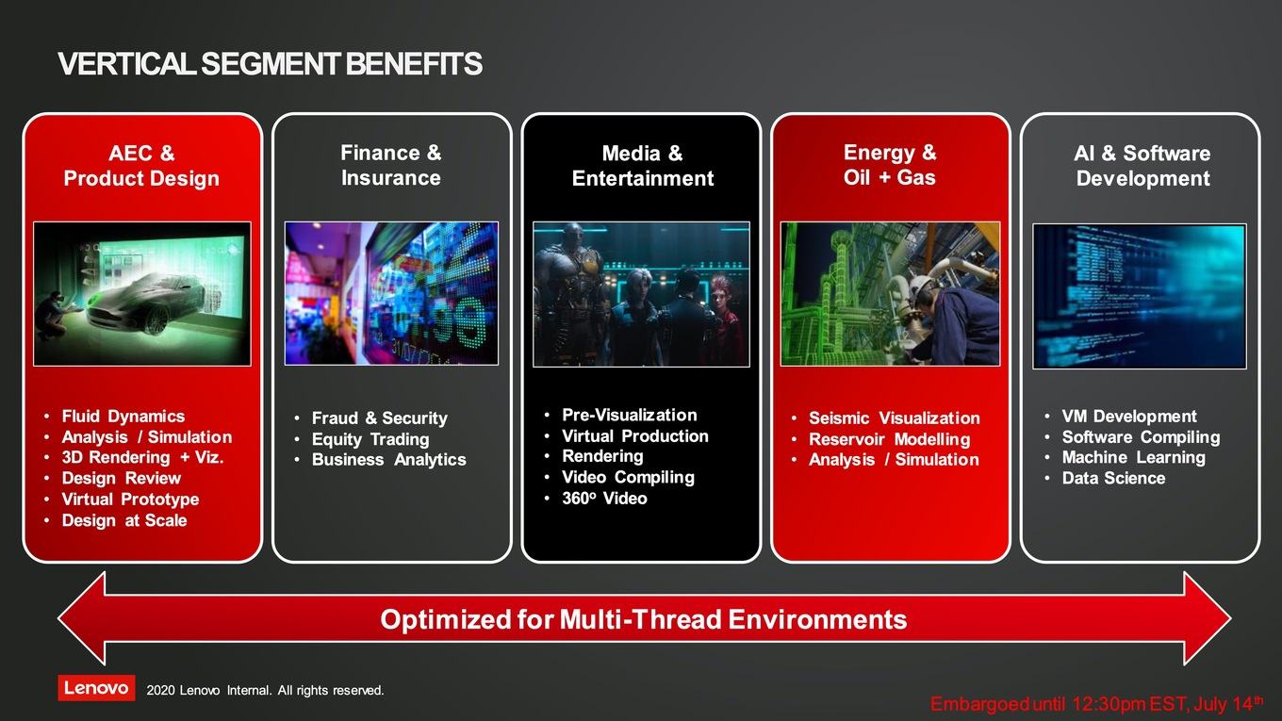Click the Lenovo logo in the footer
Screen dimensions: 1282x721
[x=96, y=688]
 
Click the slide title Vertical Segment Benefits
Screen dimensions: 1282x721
[x=271, y=63]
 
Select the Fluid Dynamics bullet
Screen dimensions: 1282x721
[x=123, y=416]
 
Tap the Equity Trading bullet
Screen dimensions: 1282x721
[x=370, y=439]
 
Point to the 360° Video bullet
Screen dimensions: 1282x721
[x=604, y=499]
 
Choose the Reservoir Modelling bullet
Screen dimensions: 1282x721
[x=890, y=439]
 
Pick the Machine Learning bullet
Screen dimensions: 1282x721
[x=1134, y=458]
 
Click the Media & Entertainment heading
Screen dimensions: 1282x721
[x=643, y=166]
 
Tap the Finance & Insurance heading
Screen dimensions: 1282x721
[x=391, y=165]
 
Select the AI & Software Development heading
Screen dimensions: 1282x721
[x=1142, y=166]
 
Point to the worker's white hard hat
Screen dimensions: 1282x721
[x=922, y=287]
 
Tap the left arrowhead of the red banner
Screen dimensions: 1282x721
[x=82, y=618]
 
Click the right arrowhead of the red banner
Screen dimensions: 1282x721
[x=1208, y=618]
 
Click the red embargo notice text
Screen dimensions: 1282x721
[x=1097, y=703]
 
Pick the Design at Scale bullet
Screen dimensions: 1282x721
[x=124, y=520]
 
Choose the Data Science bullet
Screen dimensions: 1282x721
[x=1113, y=479]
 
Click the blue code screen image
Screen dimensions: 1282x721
[x=1140, y=296]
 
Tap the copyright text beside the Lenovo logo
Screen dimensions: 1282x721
[x=265, y=691]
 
